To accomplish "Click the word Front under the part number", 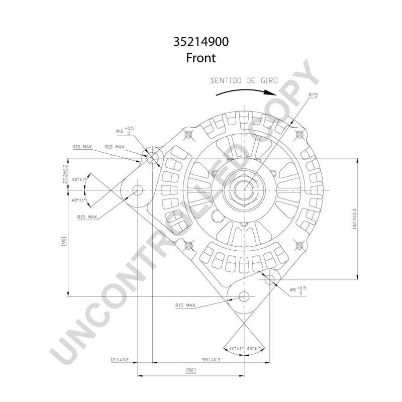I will click(x=200, y=58).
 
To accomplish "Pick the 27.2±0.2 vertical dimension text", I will click(x=65, y=173).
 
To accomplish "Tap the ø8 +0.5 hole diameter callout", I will click(x=297, y=290).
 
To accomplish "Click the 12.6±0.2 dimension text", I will click(x=120, y=360).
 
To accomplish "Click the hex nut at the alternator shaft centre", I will click(x=244, y=190).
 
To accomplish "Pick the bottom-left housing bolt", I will click(x=189, y=246).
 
